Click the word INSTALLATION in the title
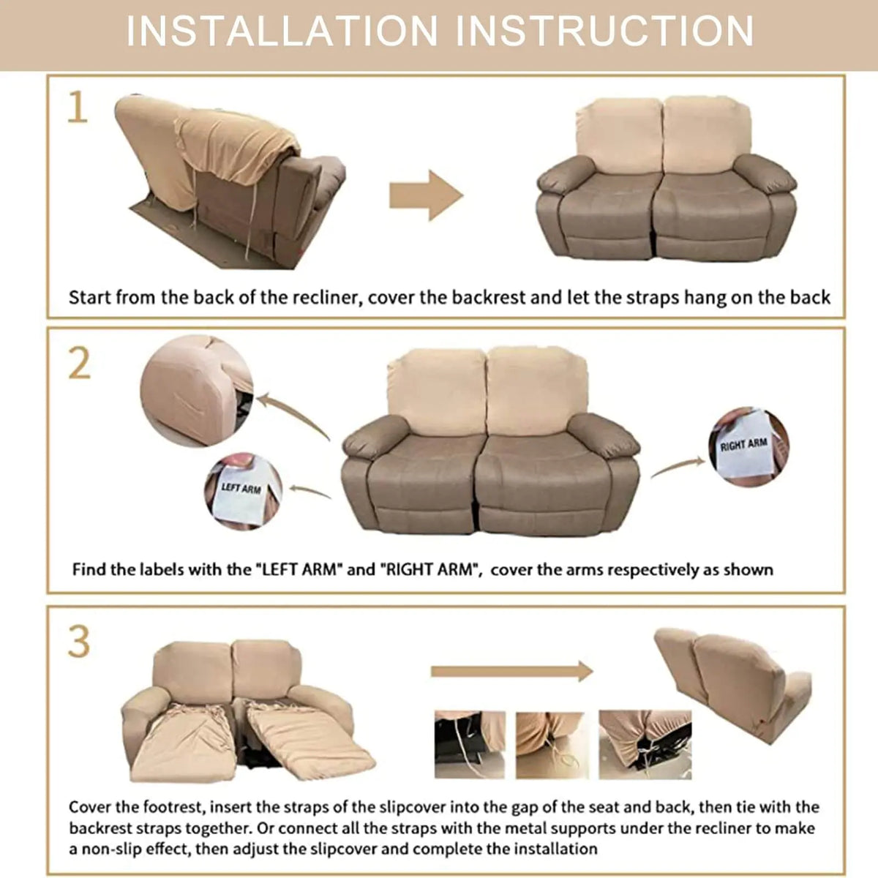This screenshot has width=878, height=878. (282, 31)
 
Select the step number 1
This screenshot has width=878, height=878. (77, 108)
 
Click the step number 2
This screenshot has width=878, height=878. (79, 364)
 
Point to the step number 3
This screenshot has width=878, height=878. (78, 641)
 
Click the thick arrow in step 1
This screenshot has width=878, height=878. (426, 195)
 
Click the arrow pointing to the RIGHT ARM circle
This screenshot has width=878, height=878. (677, 467)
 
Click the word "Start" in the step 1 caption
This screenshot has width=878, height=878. (90, 298)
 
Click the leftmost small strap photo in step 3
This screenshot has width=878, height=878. (470, 744)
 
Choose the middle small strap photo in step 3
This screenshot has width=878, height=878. (550, 745)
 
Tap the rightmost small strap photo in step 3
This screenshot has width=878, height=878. (644, 744)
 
